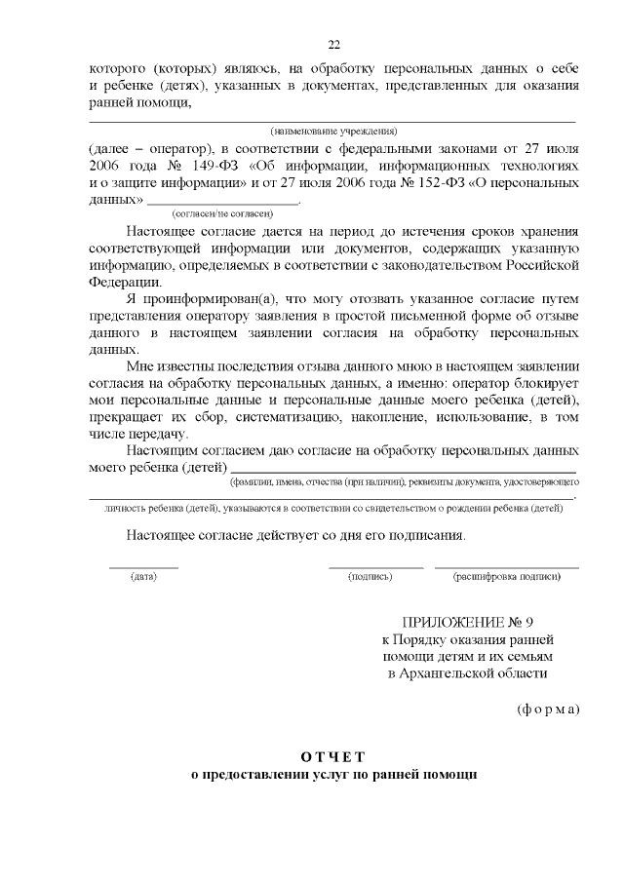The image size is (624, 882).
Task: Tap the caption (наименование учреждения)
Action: [x=333, y=131]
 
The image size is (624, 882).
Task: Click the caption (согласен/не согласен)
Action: [x=222, y=212]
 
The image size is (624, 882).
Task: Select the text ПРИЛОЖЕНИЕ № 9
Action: [x=467, y=622]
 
